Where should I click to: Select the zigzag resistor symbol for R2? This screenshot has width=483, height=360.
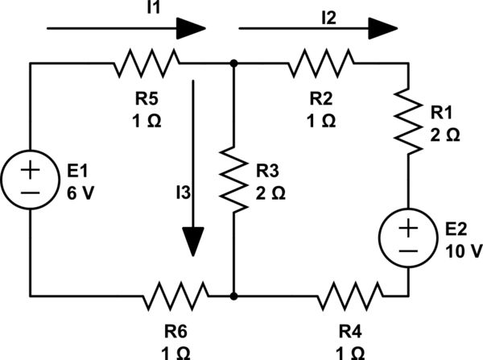(x=322, y=62)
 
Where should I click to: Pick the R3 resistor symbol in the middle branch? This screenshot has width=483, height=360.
(x=233, y=179)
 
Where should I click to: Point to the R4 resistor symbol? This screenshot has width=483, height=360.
(x=351, y=296)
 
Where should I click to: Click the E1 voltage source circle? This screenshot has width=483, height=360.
(x=30, y=180)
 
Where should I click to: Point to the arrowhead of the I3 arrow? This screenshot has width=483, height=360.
(x=193, y=241)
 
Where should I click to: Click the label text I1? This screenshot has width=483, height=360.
(x=110, y=10)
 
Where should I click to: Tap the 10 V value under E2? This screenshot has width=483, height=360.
(x=463, y=251)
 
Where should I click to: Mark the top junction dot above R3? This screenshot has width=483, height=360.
(x=233, y=62)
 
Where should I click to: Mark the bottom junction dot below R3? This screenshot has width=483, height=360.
(x=233, y=296)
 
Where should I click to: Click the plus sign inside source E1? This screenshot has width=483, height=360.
(x=30, y=170)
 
